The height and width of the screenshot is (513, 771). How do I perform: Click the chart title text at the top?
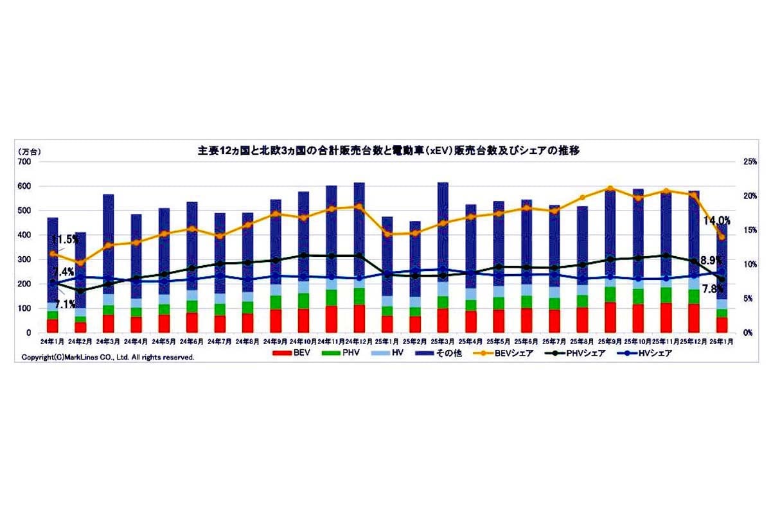click(389, 152)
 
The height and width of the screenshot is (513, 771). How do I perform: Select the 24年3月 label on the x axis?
click(108, 342)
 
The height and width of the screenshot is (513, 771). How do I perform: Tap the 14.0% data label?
click(718, 220)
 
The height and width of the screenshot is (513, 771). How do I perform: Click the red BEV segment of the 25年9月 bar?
click(610, 317)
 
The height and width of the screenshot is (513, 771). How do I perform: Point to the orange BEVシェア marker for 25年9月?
click(610, 189)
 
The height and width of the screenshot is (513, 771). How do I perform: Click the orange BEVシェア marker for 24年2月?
click(80, 263)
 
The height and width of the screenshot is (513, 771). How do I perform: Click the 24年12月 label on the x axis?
click(359, 342)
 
